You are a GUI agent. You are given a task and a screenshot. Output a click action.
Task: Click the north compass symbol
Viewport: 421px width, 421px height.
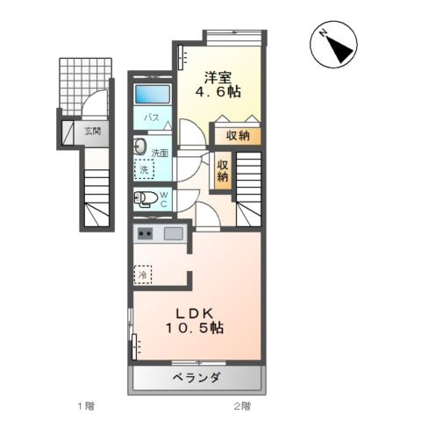[335, 45]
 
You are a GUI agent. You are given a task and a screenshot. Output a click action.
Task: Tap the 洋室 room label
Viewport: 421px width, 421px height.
[220, 75]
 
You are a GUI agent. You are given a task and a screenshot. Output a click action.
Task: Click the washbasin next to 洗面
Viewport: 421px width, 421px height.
[140, 146]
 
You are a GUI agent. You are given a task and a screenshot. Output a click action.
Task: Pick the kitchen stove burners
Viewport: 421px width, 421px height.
[145, 233]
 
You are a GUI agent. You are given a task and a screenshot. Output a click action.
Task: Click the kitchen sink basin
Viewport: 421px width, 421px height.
[173, 233]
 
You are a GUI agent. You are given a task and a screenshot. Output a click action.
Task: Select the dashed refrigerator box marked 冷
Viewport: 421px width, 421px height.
[142, 275]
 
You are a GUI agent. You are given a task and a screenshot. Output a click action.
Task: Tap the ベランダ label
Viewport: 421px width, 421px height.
[197, 378]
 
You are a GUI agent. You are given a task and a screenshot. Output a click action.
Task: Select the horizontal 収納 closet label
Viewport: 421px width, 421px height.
[238, 136]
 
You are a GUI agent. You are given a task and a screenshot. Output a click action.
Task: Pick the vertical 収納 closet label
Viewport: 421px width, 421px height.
[223, 169]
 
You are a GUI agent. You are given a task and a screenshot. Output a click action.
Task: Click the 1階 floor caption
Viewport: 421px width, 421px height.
[85, 406]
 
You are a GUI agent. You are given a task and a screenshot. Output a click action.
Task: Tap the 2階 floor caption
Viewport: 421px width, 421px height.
[242, 406]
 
